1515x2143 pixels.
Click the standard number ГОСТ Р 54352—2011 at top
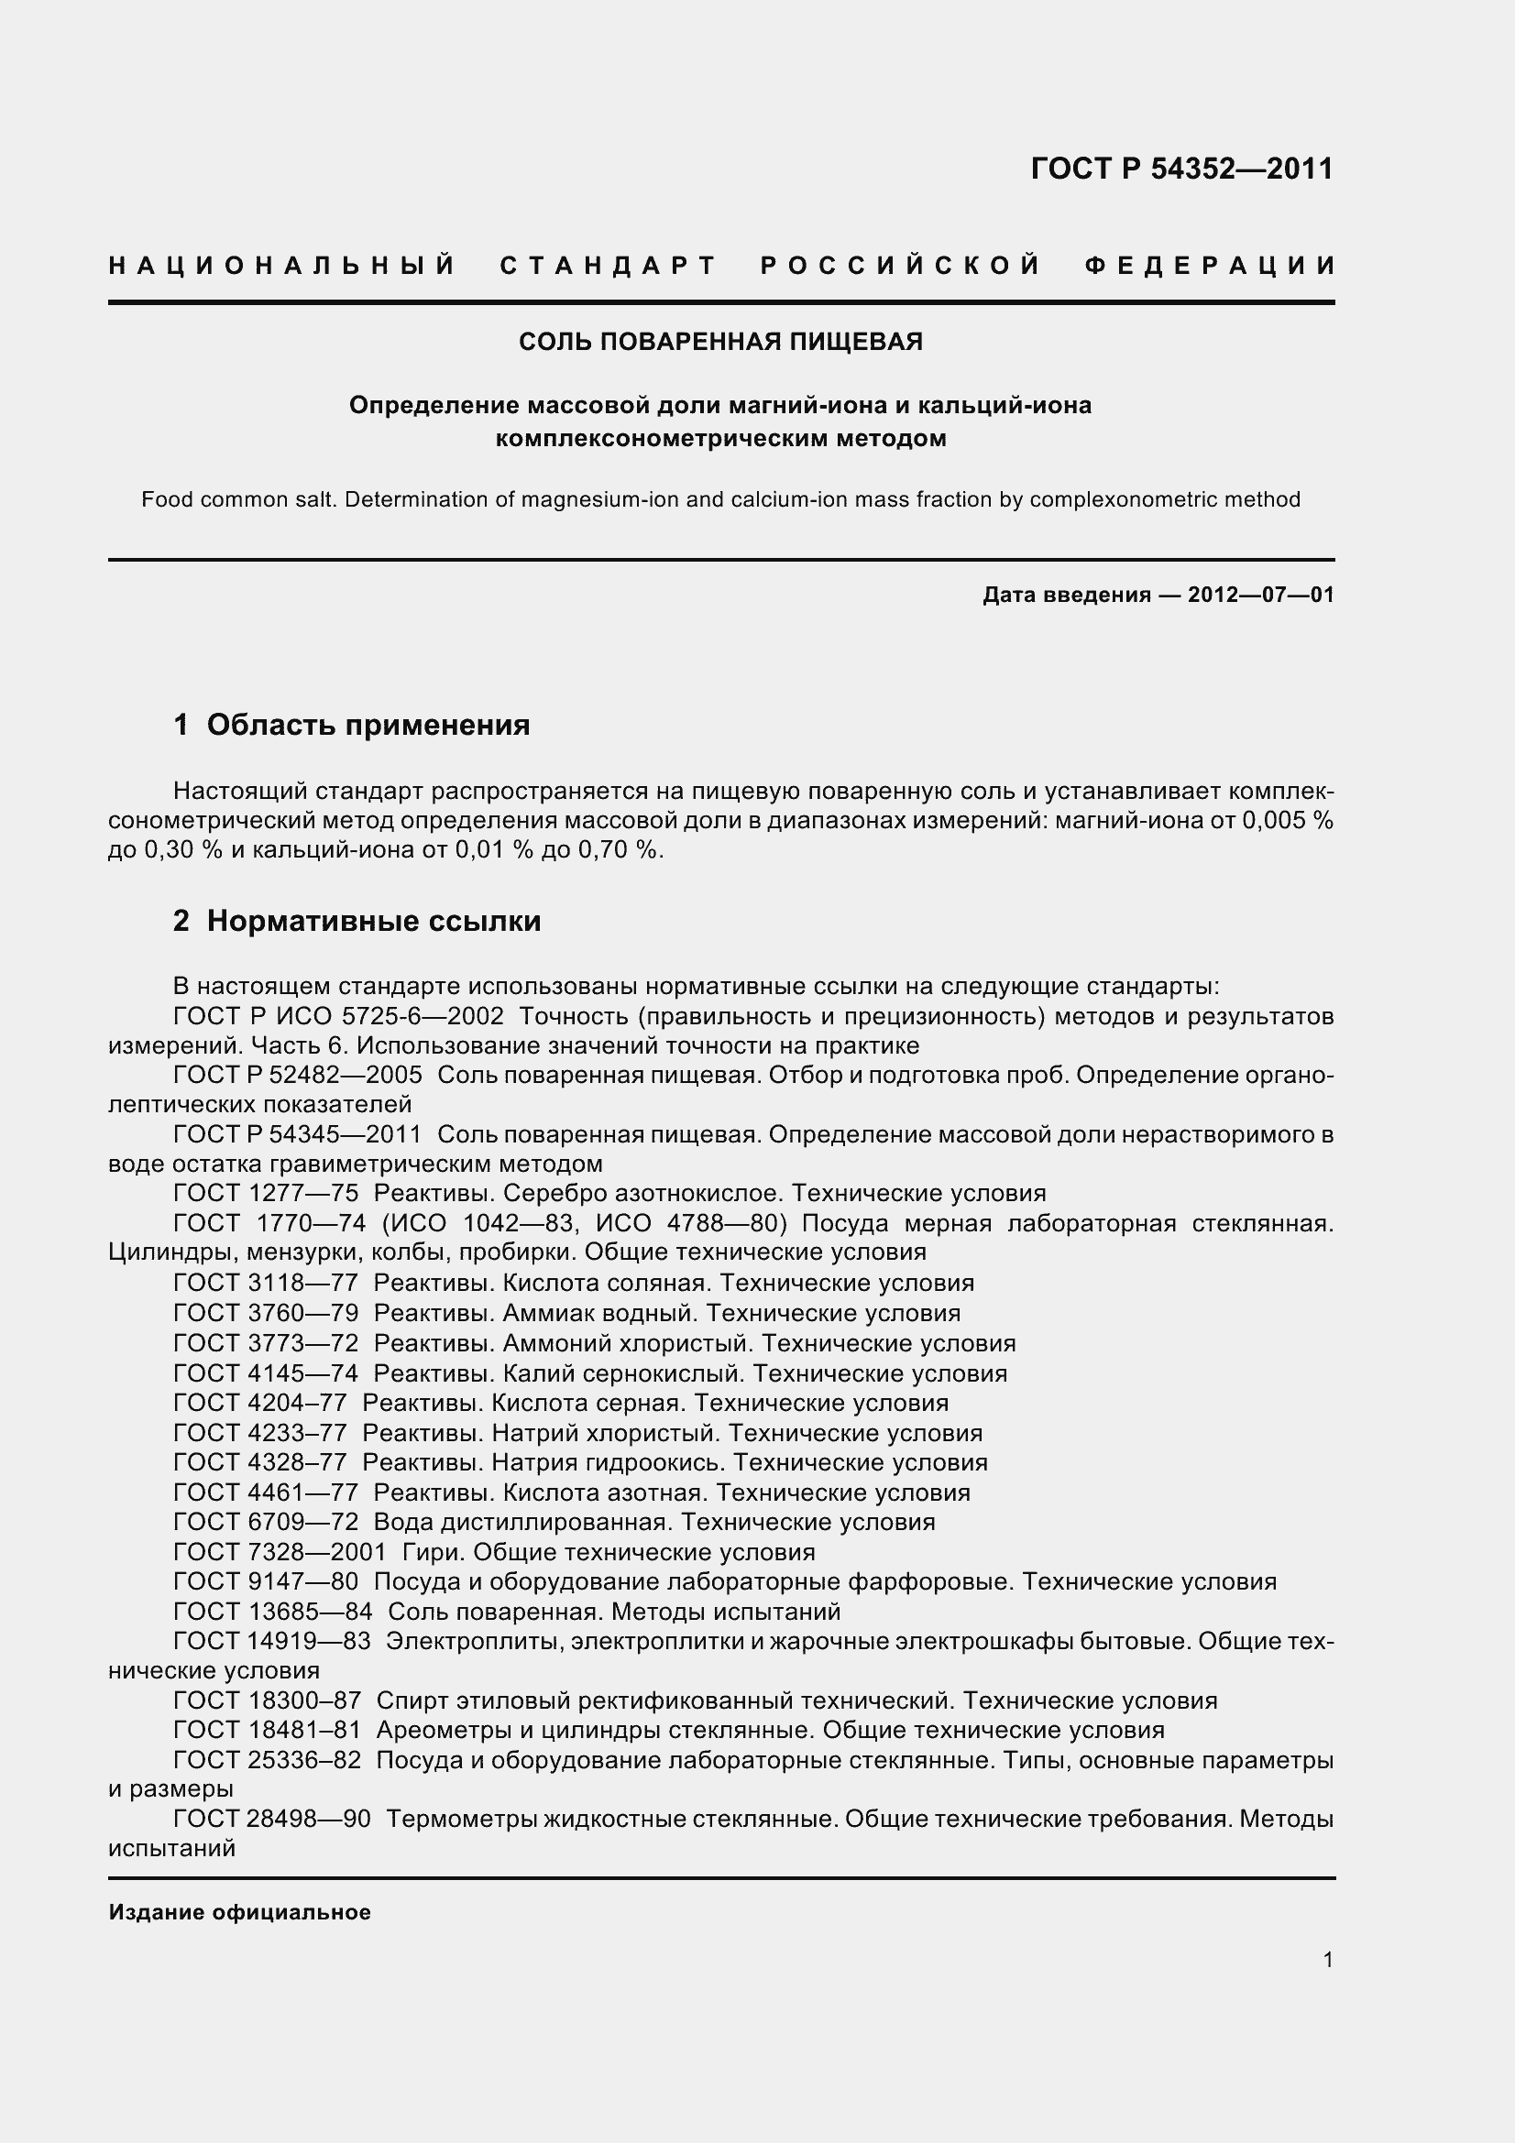[1181, 169]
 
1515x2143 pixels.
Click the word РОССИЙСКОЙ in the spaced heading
[900, 266]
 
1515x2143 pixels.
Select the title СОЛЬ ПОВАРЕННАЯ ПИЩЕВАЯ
[720, 342]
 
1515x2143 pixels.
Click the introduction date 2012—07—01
[1260, 595]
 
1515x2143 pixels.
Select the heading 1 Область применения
[352, 725]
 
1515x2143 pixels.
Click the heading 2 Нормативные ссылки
[357, 921]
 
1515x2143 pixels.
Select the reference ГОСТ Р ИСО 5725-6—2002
[339, 1015]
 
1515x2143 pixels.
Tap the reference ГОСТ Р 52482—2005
[298, 1076]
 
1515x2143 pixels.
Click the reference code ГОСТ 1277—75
[266, 1194]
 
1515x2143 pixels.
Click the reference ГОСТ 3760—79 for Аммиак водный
[266, 1313]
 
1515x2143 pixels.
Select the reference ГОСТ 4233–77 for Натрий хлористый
[260, 1433]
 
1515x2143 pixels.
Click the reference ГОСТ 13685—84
[272, 1612]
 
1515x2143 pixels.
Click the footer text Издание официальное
[240, 1912]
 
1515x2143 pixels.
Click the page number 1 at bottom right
[1327, 1960]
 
